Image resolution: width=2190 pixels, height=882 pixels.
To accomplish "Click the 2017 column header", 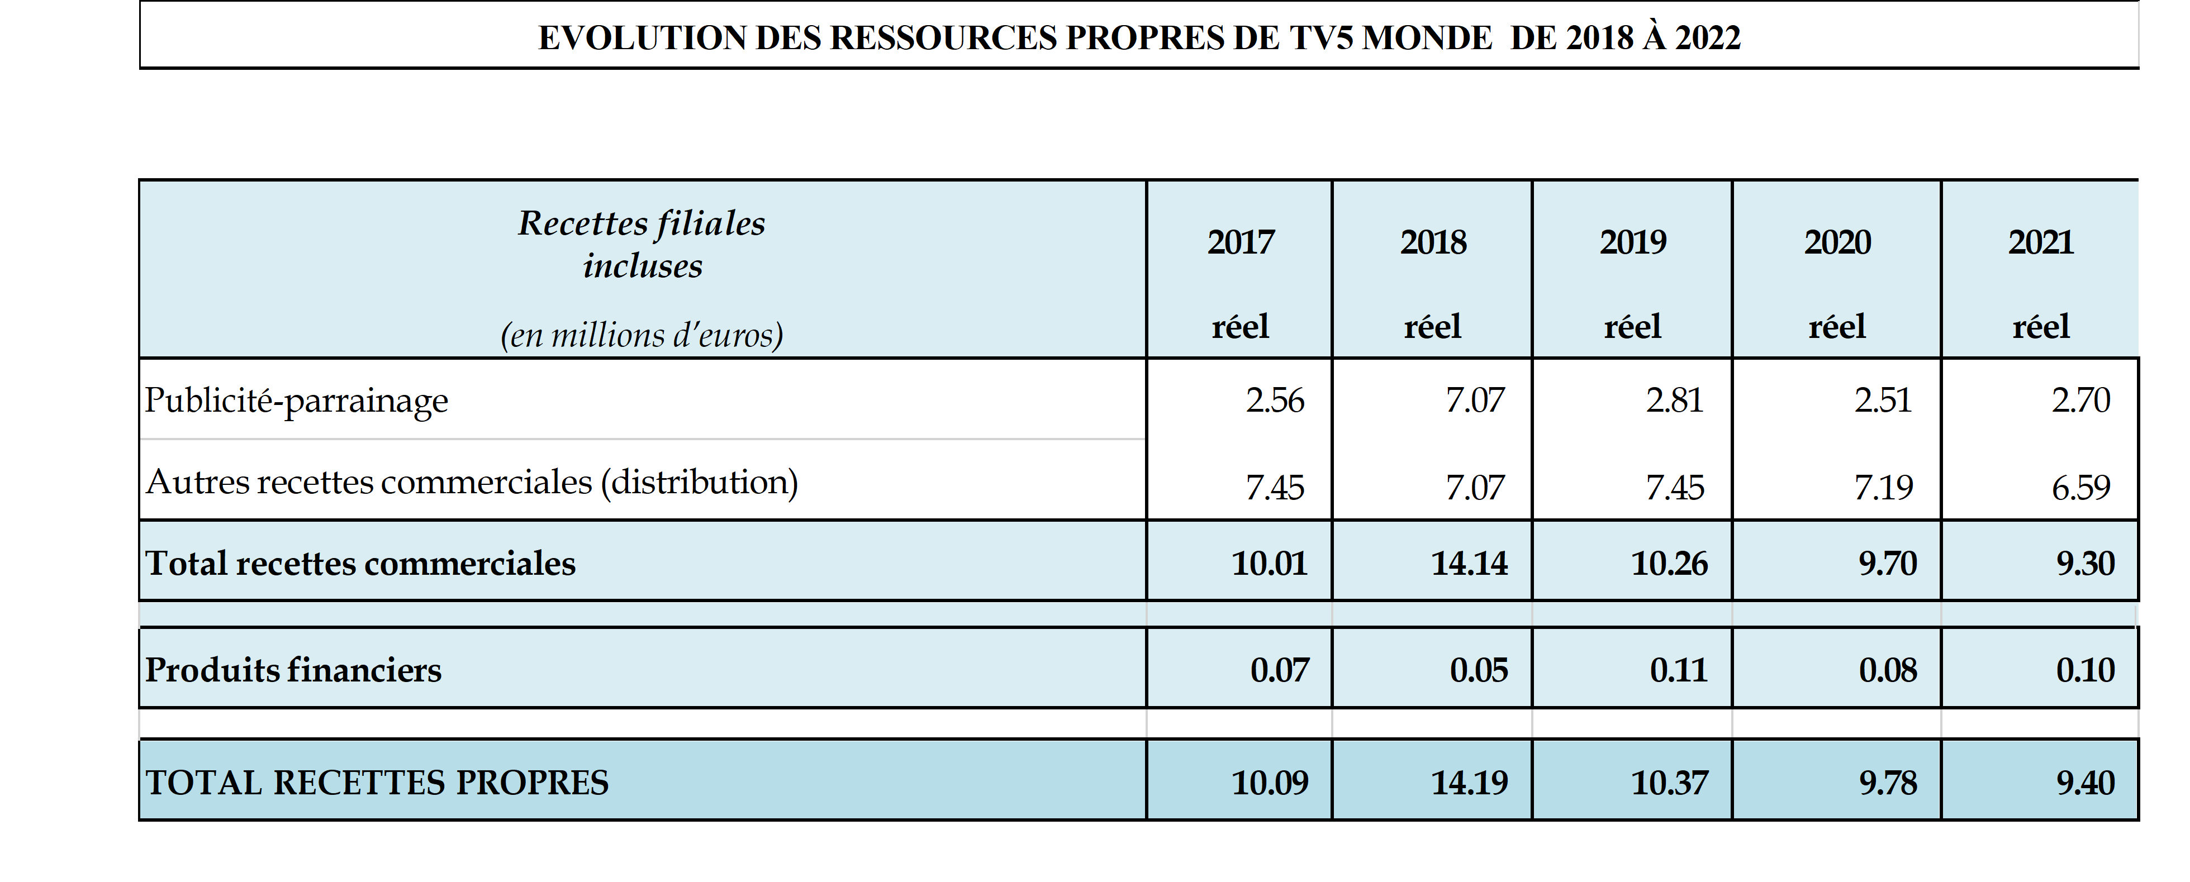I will click(1241, 243).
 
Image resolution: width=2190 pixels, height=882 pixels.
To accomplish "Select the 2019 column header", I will click(1632, 243).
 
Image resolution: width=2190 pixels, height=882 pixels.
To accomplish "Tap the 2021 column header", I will click(2040, 243).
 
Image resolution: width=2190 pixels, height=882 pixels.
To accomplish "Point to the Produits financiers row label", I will click(293, 670).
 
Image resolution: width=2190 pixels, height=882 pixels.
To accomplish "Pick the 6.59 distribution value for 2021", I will click(2080, 488).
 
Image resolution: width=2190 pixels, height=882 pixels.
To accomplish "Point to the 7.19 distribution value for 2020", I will click(1883, 488).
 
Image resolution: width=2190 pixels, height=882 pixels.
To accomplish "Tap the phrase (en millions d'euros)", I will click(642, 335).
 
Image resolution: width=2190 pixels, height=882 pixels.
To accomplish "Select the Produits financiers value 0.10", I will click(2084, 670).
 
